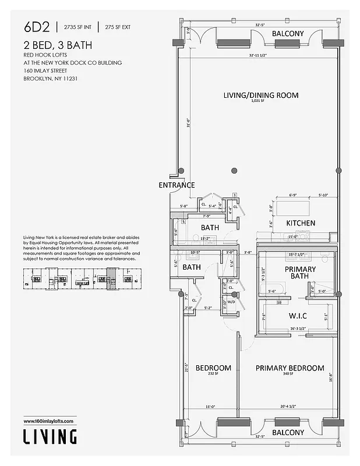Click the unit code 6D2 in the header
click(36, 27)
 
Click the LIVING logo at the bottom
click(50, 436)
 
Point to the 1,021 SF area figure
click(257, 101)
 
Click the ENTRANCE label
click(177, 185)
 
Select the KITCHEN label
click(301, 223)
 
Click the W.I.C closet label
click(298, 316)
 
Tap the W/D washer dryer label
click(231, 302)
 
